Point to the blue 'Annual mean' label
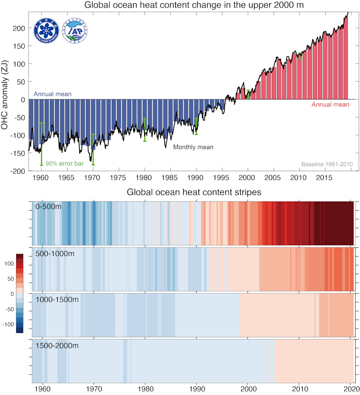click(x=53, y=94)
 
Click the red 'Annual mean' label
click(x=330, y=104)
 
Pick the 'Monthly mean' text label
click(x=193, y=147)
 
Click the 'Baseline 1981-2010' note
click(x=327, y=164)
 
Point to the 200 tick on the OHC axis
click(x=19, y=28)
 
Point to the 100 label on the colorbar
click(x=10, y=263)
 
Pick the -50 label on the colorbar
click(x=9, y=309)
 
